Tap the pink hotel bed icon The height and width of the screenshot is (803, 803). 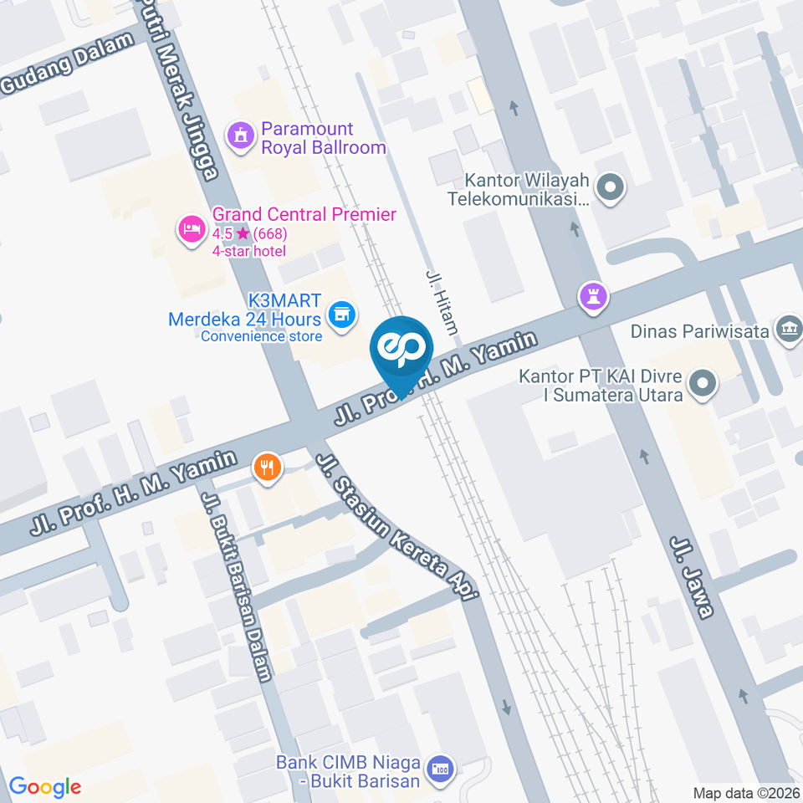click(192, 228)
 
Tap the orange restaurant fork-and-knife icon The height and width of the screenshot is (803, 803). click(267, 468)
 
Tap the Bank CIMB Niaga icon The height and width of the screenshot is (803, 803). click(438, 769)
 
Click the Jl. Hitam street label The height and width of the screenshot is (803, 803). click(442, 301)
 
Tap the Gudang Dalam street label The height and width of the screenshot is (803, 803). click(67, 64)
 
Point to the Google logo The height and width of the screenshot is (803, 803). click(44, 786)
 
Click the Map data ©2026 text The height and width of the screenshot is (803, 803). click(745, 792)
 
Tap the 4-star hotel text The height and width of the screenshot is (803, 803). click(248, 251)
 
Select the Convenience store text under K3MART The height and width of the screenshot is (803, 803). click(261, 336)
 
